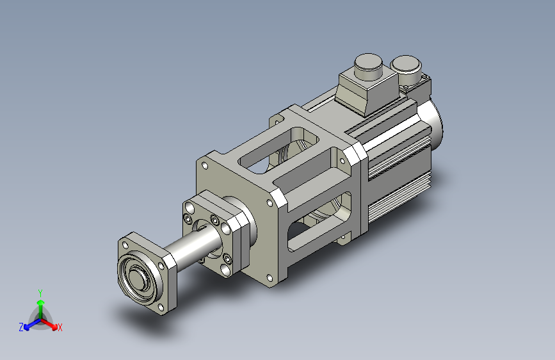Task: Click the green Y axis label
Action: click(x=40, y=293)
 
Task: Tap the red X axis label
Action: click(x=60, y=327)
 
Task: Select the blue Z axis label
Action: click(x=21, y=327)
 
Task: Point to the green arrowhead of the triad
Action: click(x=41, y=302)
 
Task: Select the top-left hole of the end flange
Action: click(x=125, y=245)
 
